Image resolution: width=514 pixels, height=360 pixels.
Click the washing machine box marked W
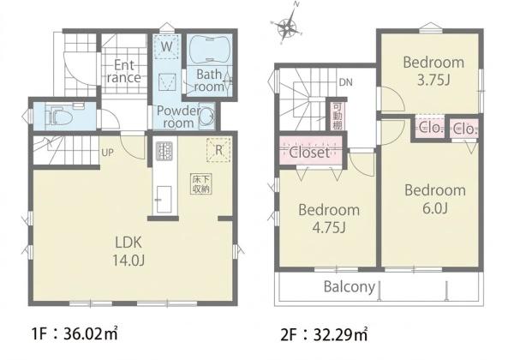tap(166, 46)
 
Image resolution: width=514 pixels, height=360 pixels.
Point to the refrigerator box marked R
tap(218, 150)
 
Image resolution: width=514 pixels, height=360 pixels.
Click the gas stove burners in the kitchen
tap(164, 151)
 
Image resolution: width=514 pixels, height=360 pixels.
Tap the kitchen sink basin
tap(164, 199)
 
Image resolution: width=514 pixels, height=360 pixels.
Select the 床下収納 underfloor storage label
tap(201, 184)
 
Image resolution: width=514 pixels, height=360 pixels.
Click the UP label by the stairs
tap(108, 153)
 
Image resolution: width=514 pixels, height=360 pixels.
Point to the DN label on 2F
tap(346, 82)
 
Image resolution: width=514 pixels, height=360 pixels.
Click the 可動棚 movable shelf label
tap(338, 116)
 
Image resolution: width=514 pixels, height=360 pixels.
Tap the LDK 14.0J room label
tap(128, 251)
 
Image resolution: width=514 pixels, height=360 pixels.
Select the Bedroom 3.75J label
tap(433, 71)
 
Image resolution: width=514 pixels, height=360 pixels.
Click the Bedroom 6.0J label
tap(435, 199)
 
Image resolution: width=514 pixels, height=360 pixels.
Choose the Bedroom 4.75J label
tap(329, 219)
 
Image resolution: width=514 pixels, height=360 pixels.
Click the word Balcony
tap(350, 287)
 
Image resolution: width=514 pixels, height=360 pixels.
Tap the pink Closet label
tap(309, 153)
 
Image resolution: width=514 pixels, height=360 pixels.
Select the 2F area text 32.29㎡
tap(340, 335)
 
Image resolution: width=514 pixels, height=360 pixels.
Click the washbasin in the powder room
tap(206, 116)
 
